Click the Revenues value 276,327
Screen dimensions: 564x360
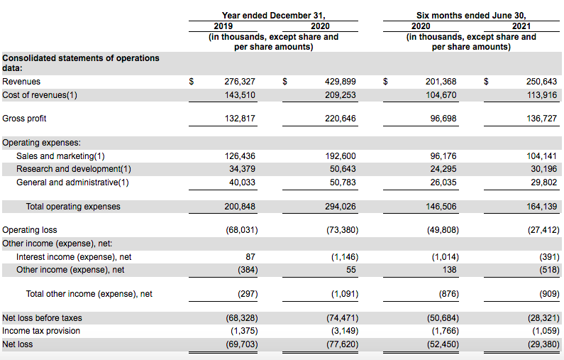click(x=240, y=82)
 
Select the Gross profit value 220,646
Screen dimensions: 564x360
click(x=341, y=119)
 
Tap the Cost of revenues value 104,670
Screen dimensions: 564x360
click(x=441, y=95)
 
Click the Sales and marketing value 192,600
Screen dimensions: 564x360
click(x=341, y=156)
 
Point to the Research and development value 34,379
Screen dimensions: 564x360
click(x=242, y=169)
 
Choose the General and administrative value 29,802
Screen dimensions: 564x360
click(x=544, y=182)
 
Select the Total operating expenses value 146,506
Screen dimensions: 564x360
click(x=441, y=207)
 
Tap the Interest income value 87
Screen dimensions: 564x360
click(x=250, y=257)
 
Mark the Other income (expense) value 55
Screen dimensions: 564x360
click(x=351, y=270)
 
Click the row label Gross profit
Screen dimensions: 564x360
click(x=24, y=119)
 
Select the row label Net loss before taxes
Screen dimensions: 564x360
click(x=42, y=318)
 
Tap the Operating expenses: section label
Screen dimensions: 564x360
click(x=41, y=143)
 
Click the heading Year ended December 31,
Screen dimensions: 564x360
click(x=273, y=16)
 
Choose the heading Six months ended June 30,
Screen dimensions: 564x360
click(x=471, y=16)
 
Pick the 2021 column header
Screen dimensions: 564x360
click(x=521, y=26)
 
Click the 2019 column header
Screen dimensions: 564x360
click(x=223, y=26)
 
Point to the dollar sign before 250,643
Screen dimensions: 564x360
click(x=486, y=82)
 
